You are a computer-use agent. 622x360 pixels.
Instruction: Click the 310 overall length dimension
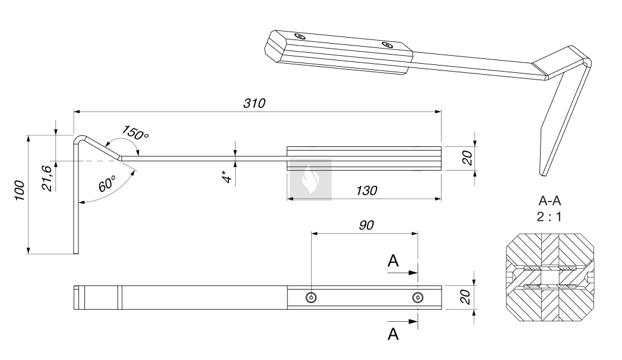(x=255, y=103)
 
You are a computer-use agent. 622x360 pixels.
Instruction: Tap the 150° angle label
(x=135, y=133)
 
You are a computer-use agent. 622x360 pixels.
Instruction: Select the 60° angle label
(x=107, y=183)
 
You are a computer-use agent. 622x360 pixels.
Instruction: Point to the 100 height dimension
(x=20, y=190)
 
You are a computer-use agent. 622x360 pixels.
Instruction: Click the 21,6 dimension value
(x=47, y=178)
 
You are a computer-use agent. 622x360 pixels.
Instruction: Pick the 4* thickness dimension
(x=227, y=176)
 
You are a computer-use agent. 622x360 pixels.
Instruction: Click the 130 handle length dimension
(x=366, y=191)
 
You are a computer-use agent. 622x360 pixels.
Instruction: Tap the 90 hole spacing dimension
(x=366, y=225)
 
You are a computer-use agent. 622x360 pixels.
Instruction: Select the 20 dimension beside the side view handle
(x=468, y=158)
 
